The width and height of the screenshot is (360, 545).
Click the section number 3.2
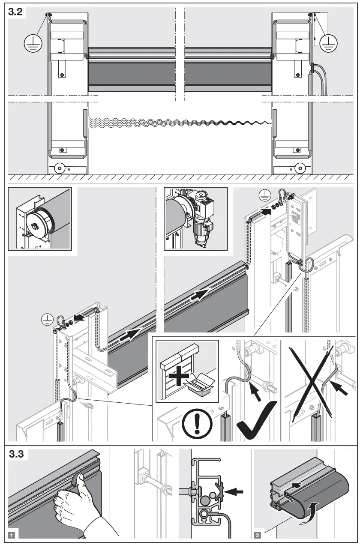[16, 12]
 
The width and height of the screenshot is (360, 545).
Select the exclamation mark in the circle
[196, 423]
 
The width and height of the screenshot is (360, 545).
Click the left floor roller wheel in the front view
[58, 168]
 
